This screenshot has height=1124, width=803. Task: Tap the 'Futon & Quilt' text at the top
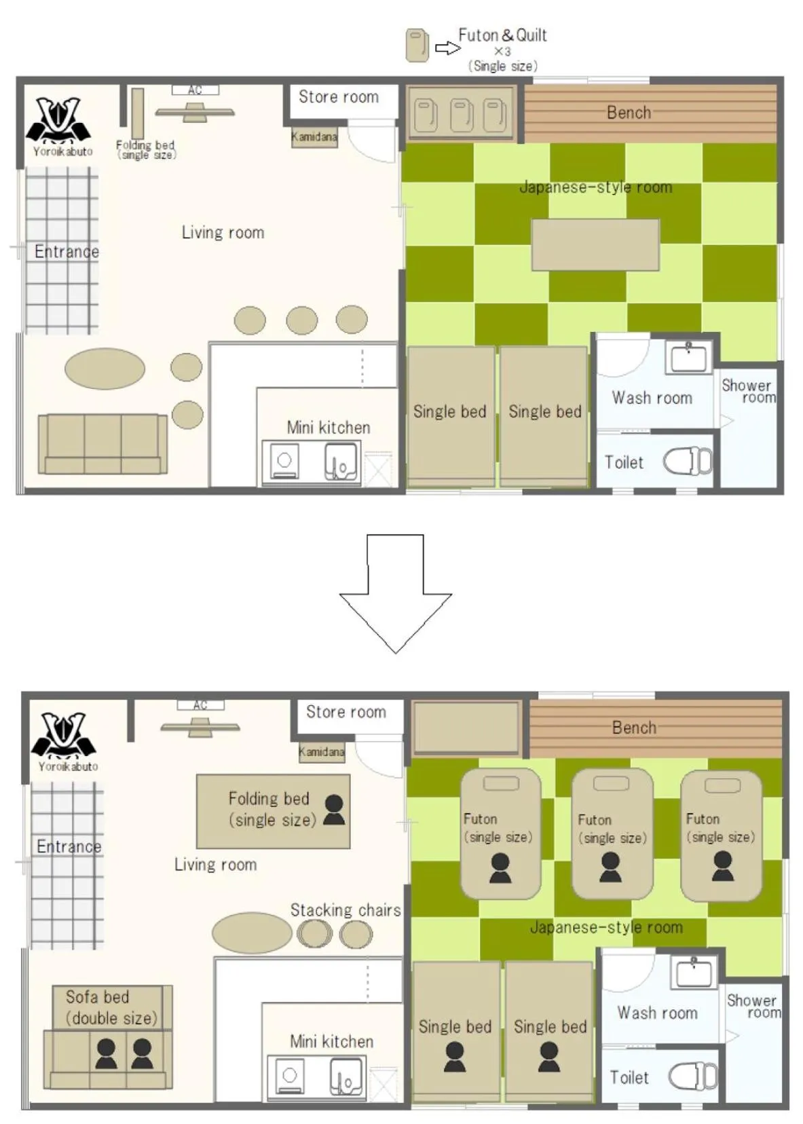coord(502,35)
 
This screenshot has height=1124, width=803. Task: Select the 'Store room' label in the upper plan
coord(339,97)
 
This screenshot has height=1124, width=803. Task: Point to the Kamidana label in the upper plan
coord(314,137)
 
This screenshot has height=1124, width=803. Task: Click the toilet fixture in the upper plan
coord(687,462)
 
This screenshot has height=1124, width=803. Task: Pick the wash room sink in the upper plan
coord(688,356)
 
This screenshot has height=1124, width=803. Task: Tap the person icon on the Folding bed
coord(334,810)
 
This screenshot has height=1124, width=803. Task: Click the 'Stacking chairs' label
coord(346,910)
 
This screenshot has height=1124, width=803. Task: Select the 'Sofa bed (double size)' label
coord(111,1007)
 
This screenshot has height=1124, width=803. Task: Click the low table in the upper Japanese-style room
coord(595,244)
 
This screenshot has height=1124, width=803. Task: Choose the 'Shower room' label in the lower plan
coord(753,1006)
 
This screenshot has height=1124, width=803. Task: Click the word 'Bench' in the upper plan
coord(629,113)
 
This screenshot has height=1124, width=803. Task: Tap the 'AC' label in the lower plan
coord(200,705)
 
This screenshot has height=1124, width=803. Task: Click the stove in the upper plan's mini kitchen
coord(285,461)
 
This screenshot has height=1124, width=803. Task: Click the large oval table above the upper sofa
coord(105,369)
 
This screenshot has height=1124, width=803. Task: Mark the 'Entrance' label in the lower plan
coord(69,846)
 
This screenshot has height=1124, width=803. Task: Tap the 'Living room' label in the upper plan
coord(223,233)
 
